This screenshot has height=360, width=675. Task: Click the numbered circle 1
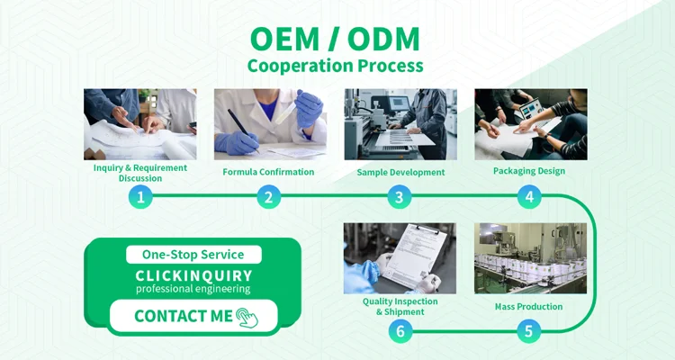pos(140,197)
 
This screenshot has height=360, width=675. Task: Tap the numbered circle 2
pos(268,197)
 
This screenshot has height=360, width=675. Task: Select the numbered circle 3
pos(399,197)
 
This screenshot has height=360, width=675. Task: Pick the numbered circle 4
pos(529,197)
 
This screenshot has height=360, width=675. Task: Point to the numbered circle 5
pos(528,331)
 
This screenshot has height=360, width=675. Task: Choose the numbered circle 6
pos(400,331)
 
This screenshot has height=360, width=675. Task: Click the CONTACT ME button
pos(193,316)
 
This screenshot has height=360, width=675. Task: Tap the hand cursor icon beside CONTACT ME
pos(247,318)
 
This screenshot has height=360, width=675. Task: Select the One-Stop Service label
pos(193,255)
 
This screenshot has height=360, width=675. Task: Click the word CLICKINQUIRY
pos(193,275)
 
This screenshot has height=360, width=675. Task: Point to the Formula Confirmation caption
pos(268,172)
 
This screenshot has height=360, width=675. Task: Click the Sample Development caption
pos(400,172)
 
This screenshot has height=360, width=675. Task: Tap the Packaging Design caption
pos(529,171)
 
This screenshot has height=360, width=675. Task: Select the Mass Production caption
pos(528,307)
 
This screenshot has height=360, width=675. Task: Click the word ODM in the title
pos(383,40)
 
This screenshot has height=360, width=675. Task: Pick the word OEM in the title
pos(284,40)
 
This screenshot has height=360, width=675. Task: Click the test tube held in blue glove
pos(286,112)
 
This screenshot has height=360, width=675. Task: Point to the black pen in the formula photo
pos(243,130)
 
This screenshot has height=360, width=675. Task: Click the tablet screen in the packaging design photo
pos(531,110)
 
